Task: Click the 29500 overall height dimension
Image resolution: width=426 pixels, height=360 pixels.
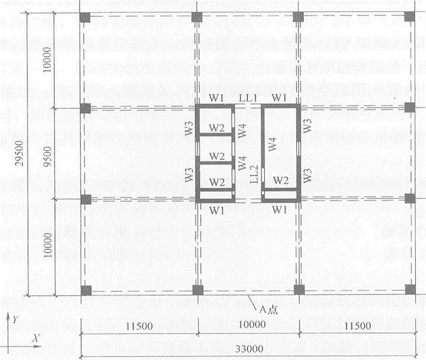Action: click(x=19, y=153)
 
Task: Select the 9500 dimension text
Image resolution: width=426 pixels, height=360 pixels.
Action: click(x=48, y=156)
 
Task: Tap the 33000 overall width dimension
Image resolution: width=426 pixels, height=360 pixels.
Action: click(x=249, y=349)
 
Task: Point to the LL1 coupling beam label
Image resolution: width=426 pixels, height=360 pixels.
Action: click(x=248, y=98)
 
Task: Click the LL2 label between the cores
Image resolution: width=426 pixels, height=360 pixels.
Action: click(x=254, y=174)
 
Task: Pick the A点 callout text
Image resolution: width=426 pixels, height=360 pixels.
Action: click(x=268, y=310)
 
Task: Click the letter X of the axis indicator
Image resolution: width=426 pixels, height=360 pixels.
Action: click(x=36, y=338)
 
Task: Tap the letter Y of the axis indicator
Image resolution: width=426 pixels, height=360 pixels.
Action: click(x=15, y=319)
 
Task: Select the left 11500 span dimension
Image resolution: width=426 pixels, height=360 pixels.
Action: click(x=139, y=326)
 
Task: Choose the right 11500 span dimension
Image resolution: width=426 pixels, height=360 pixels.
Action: click(x=357, y=326)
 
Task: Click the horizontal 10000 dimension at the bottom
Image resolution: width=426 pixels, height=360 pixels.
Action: click(x=252, y=324)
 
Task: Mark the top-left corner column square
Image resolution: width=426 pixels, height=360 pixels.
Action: click(x=85, y=17)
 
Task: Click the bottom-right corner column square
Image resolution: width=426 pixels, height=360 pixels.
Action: click(x=411, y=289)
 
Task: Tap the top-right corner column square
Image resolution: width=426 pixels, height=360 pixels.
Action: click(x=409, y=16)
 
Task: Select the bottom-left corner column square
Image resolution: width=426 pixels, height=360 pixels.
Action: click(x=86, y=291)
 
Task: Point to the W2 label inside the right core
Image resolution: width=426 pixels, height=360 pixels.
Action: click(x=281, y=180)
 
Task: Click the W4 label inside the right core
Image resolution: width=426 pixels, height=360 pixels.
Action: click(x=273, y=144)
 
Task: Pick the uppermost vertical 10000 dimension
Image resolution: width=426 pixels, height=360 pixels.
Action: click(x=47, y=60)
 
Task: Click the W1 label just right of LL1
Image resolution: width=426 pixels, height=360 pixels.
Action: click(x=280, y=97)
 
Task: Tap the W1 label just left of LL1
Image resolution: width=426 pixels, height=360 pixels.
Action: click(x=216, y=98)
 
